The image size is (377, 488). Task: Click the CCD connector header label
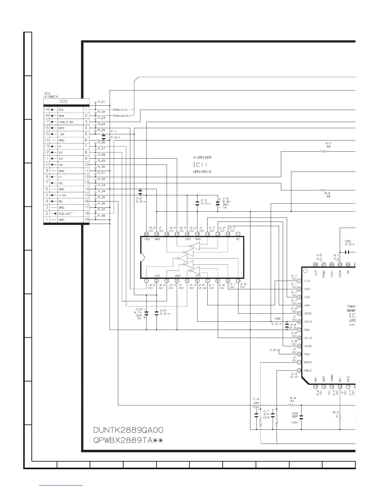coord(63,101)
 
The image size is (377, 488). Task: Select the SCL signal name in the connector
coord(61,110)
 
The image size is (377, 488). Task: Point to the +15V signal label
coord(62,195)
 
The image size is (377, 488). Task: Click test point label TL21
coord(101,101)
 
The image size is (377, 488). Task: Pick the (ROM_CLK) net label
coord(120,109)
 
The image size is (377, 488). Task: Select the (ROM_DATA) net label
coord(121,116)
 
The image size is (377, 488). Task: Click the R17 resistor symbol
coord(323,151)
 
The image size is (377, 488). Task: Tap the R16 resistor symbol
coord(322,190)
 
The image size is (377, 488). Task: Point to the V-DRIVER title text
coord(202,157)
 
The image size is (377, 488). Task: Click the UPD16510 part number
coord(202,172)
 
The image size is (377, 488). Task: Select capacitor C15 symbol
coord(197,203)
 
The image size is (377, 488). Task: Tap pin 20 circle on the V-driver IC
coord(146,234)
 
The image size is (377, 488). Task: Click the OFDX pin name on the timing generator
coord(308,314)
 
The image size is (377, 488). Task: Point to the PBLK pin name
coord(308,371)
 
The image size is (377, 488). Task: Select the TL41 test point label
coord(273,350)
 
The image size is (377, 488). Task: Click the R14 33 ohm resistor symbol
coord(291,405)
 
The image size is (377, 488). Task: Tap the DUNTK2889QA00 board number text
coord(128,430)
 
